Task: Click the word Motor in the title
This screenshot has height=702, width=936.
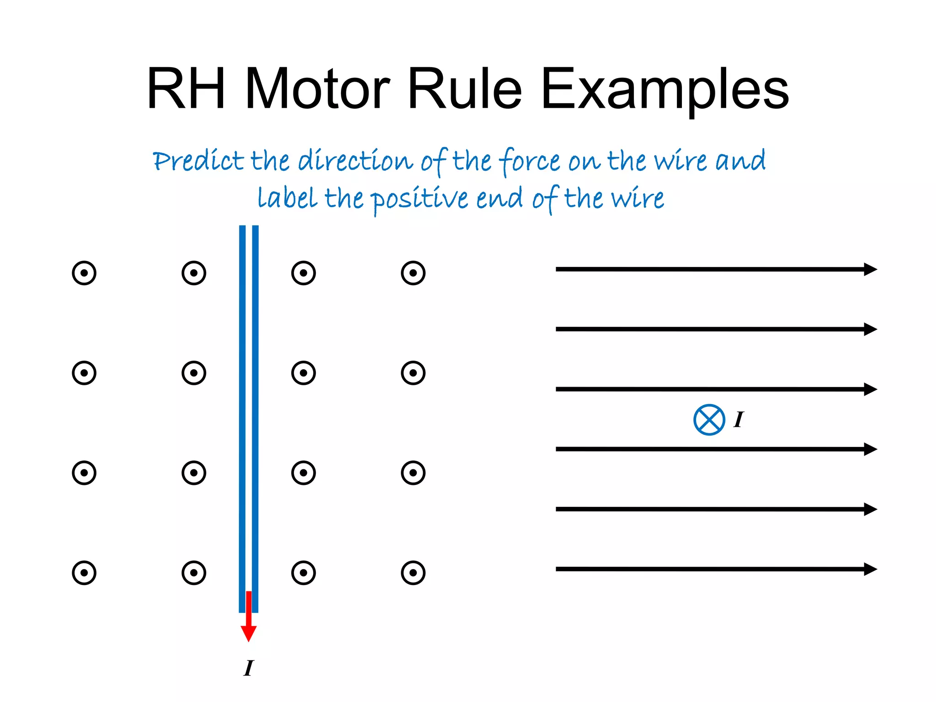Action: click(x=317, y=89)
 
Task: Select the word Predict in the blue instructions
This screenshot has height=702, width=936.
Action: click(x=198, y=161)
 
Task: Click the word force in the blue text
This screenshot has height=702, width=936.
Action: click(x=529, y=161)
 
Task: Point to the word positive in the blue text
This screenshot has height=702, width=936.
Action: click(x=419, y=199)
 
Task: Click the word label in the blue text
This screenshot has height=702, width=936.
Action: click(x=287, y=198)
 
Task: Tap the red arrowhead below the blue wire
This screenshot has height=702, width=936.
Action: click(x=249, y=633)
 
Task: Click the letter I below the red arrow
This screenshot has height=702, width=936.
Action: click(x=249, y=668)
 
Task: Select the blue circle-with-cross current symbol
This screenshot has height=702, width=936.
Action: click(x=709, y=420)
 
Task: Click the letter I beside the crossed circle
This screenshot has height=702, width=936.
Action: click(x=739, y=420)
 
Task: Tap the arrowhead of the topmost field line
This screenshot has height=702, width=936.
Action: click(x=870, y=269)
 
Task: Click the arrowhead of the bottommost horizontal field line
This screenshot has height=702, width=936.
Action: click(x=870, y=569)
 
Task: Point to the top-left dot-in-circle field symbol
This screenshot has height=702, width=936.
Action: click(x=84, y=273)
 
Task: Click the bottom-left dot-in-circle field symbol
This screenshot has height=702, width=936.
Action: click(x=84, y=573)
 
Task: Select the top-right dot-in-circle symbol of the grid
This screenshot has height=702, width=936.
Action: click(x=413, y=273)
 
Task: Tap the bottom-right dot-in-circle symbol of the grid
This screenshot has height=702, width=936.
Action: click(x=413, y=573)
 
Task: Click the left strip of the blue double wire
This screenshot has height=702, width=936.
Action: click(x=242, y=411)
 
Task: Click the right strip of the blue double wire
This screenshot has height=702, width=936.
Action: click(x=255, y=411)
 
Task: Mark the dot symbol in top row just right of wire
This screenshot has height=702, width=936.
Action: click(x=303, y=273)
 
